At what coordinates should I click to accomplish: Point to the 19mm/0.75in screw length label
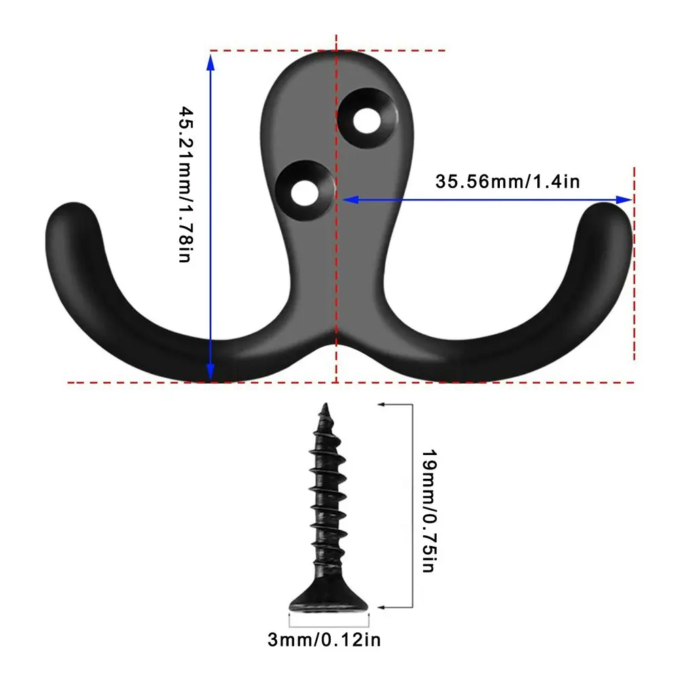pyautogui.click(x=427, y=510)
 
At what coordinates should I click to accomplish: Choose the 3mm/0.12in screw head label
pyautogui.click(x=329, y=639)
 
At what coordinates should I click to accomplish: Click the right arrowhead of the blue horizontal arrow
pyautogui.click(x=624, y=200)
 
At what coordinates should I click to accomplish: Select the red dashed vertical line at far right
pyautogui.click(x=634, y=272)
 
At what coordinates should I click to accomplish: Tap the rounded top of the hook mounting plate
pyautogui.click(x=319, y=58)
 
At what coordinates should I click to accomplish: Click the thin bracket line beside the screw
pyautogui.click(x=412, y=506)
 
